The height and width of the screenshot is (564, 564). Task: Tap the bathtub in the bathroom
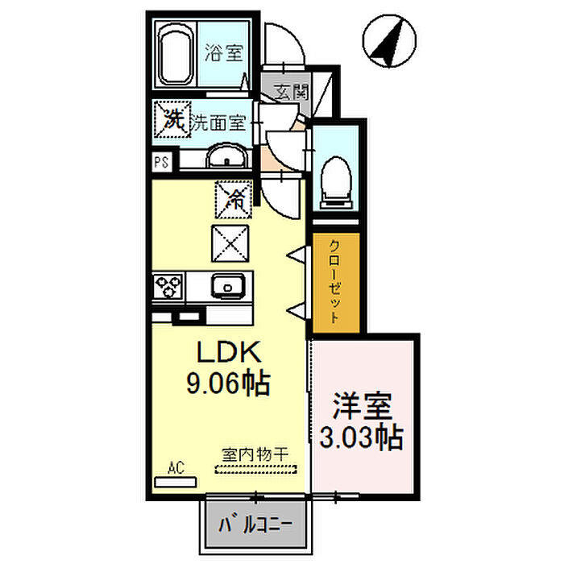[x=176, y=55]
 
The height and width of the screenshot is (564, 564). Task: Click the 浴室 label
[x=224, y=54]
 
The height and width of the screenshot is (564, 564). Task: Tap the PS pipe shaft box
[x=161, y=161]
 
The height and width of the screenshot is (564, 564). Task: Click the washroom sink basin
[x=218, y=158]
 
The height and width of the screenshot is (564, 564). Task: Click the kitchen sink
[x=229, y=286]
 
